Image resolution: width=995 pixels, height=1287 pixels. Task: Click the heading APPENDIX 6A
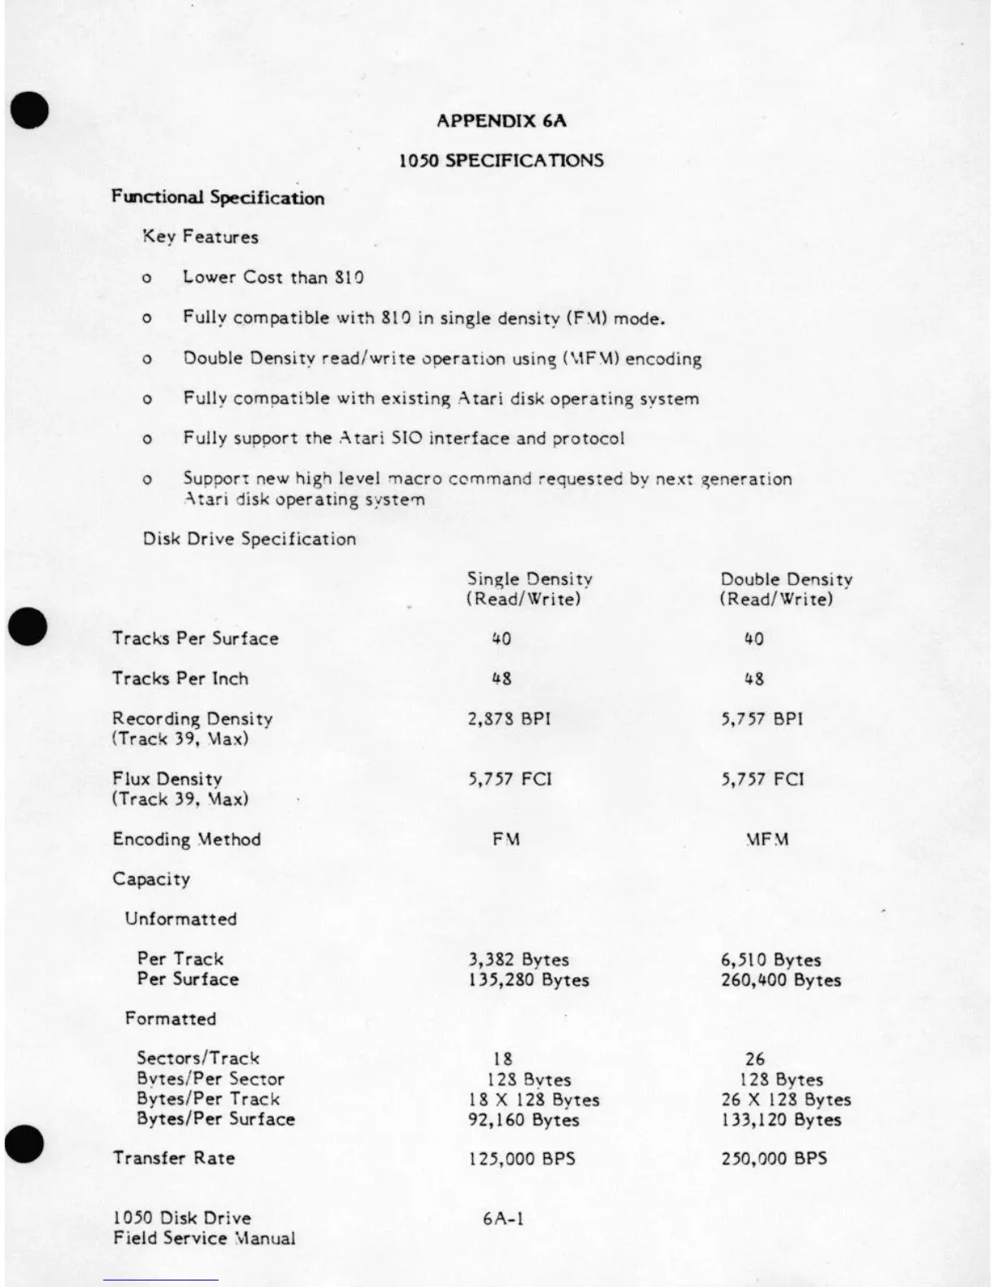click(x=501, y=121)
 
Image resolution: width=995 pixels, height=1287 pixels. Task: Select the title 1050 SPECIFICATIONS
click(x=501, y=160)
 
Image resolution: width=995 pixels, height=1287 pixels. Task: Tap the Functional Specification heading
click(x=218, y=198)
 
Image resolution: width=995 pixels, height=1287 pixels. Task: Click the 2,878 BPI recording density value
click(x=509, y=719)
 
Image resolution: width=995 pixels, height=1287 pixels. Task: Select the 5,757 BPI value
click(x=762, y=719)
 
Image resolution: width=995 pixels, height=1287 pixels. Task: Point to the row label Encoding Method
click(x=187, y=839)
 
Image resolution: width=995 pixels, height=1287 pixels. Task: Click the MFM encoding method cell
click(x=767, y=839)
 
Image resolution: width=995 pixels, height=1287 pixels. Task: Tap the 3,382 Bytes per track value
click(x=518, y=960)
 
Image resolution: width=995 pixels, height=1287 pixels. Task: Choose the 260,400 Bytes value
click(x=780, y=980)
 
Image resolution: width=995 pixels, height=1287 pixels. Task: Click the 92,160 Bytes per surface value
click(x=524, y=1120)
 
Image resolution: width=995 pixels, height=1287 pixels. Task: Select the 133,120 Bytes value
click(x=780, y=1120)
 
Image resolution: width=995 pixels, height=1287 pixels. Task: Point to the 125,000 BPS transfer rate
click(x=521, y=1159)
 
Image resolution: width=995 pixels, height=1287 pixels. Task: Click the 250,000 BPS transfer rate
click(x=773, y=1159)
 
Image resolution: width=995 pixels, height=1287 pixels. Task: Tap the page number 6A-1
click(x=503, y=1219)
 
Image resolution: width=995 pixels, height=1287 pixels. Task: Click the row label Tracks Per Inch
click(x=180, y=678)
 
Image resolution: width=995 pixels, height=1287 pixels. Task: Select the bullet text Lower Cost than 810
click(x=273, y=277)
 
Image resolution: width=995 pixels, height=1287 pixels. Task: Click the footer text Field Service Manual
click(x=204, y=1239)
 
